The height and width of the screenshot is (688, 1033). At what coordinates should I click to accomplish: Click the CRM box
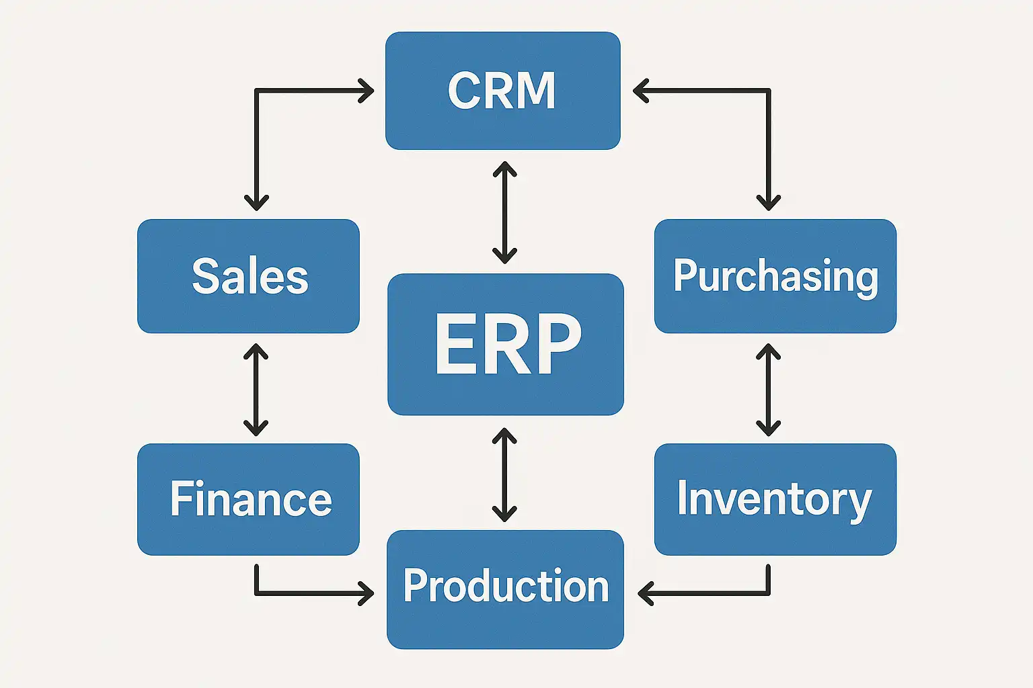click(x=502, y=91)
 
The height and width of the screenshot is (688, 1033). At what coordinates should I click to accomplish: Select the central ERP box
click(x=506, y=344)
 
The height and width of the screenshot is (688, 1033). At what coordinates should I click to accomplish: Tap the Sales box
click(x=248, y=276)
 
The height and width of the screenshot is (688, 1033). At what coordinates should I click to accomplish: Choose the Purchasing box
click(x=775, y=276)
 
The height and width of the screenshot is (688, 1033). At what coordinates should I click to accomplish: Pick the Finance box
click(x=248, y=499)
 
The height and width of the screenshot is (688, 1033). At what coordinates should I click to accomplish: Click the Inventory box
click(x=775, y=499)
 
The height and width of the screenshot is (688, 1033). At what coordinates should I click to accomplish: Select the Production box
click(x=505, y=589)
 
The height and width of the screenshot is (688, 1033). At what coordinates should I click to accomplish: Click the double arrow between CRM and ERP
click(x=504, y=212)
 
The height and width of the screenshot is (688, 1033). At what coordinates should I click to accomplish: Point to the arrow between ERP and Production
click(x=504, y=475)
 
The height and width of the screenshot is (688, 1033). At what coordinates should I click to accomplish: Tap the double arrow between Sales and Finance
click(x=256, y=390)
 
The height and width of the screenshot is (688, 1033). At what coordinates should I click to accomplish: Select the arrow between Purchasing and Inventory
click(x=768, y=390)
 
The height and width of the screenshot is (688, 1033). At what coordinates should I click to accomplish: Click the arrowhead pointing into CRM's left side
click(x=367, y=91)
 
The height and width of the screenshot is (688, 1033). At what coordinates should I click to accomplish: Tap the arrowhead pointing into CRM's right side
click(x=641, y=91)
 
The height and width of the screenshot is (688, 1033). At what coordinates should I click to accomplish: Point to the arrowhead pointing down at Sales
click(x=256, y=202)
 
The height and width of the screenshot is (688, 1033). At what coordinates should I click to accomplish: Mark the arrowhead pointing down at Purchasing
click(x=768, y=202)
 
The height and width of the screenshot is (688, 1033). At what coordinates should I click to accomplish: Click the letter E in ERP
click(x=454, y=344)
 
